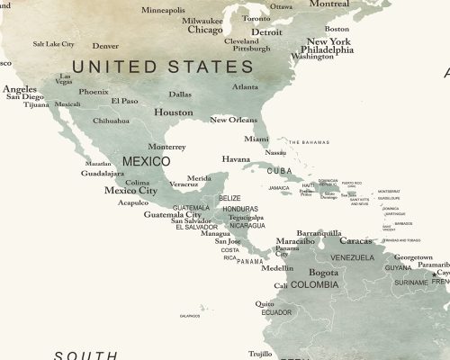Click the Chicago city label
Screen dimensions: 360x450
tap(205, 29)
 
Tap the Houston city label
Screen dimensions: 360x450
tap(174, 112)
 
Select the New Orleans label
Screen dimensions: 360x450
tap(234, 120)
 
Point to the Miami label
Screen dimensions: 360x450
tap(256, 139)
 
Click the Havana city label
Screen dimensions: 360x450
tap(236, 159)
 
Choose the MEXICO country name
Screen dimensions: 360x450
tap(146, 161)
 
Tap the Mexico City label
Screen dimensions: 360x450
tap(130, 190)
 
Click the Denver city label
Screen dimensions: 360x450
tap(105, 46)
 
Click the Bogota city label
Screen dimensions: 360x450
tap(323, 273)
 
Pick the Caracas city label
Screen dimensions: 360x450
tap(355, 241)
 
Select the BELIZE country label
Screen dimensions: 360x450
tap(229, 198)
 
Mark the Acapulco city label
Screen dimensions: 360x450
tap(132, 202)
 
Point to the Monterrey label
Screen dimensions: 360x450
tap(166, 147)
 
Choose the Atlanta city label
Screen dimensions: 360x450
tap(245, 87)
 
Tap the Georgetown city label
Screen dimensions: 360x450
tap(413, 257)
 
